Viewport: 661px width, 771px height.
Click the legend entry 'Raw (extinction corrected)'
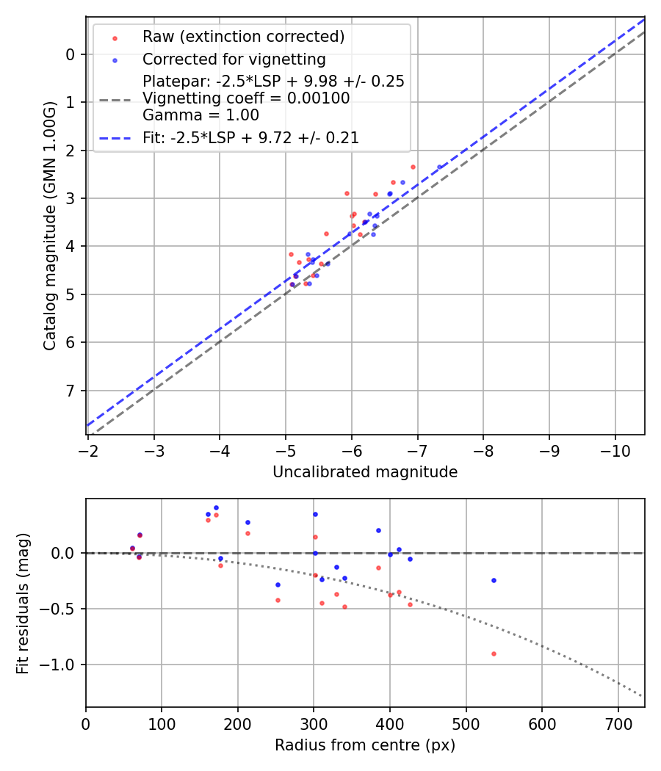click(x=243, y=37)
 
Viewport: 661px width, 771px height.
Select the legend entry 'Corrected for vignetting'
click(x=234, y=59)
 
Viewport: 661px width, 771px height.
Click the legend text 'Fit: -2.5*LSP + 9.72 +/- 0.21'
click(x=250, y=137)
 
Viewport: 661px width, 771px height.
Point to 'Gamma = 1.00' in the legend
click(x=201, y=115)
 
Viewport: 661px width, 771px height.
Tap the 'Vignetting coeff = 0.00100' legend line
click(x=246, y=98)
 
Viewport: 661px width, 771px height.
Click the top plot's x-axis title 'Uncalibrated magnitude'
click(x=365, y=472)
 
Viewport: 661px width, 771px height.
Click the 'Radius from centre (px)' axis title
click(x=365, y=745)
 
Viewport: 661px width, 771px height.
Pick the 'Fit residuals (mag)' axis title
click(x=23, y=603)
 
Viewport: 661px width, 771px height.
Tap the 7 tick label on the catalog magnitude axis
click(x=71, y=391)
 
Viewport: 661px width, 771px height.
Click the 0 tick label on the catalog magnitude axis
click(x=71, y=54)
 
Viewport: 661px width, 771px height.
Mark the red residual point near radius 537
click(x=494, y=654)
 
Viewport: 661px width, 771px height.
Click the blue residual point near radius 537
click(x=494, y=580)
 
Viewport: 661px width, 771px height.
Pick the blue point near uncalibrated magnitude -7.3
click(x=439, y=167)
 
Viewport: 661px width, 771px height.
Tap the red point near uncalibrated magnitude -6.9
click(x=413, y=167)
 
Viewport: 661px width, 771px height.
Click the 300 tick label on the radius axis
click(x=314, y=723)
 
